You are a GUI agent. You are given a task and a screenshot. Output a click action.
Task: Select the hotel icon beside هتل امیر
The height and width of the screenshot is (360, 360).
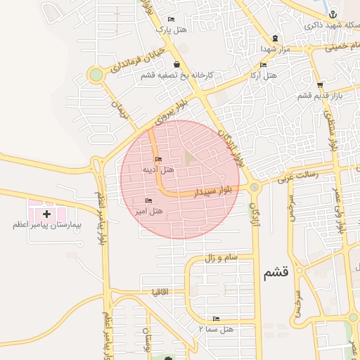click(148, 201)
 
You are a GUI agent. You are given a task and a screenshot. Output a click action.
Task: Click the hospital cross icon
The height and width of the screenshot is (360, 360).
click(46, 213)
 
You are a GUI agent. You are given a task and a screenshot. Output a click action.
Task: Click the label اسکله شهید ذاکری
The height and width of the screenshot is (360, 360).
click(330, 25)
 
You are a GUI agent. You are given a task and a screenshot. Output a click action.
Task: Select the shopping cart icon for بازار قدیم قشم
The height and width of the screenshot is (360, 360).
click(320, 84)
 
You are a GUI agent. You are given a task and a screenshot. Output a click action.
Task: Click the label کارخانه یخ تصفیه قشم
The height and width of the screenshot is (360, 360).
click(178, 74)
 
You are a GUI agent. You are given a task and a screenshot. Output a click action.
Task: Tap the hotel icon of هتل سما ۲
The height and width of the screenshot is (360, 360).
click(215, 319)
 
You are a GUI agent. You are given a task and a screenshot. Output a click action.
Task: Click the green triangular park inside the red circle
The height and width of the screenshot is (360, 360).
click(188, 158)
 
